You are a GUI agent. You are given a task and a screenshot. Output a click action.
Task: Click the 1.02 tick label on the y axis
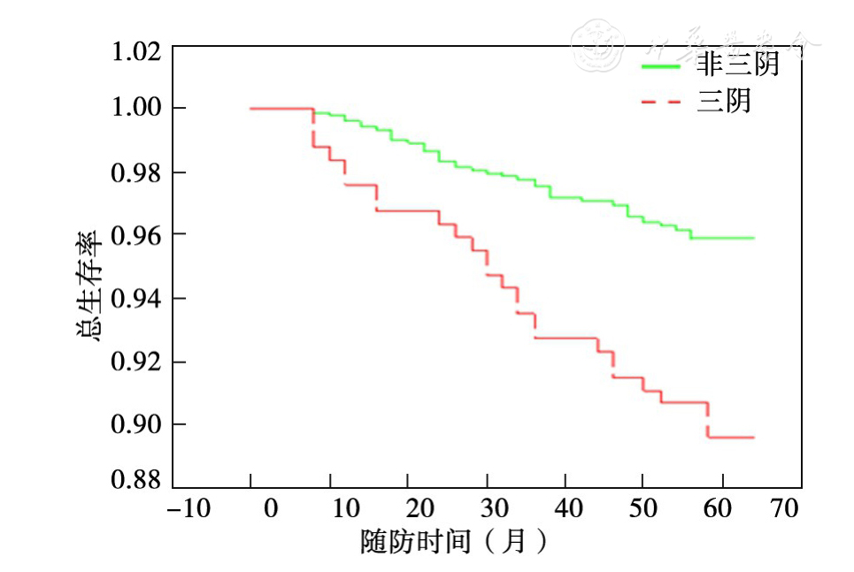pyautogui.click(x=135, y=51)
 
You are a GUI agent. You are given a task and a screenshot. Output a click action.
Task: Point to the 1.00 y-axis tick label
pyautogui.click(x=135, y=108)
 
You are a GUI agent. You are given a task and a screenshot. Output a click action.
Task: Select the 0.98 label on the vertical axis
pyautogui.click(x=135, y=172)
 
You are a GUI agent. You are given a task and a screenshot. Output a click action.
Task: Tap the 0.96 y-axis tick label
pyautogui.click(x=135, y=234)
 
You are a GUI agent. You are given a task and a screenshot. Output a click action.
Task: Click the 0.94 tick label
pyautogui.click(x=135, y=298)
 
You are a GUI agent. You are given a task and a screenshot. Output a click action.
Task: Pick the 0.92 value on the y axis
pyautogui.click(x=135, y=362)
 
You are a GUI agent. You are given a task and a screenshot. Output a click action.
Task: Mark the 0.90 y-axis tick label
pyautogui.click(x=135, y=424)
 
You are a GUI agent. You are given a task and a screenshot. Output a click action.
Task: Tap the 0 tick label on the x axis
pyautogui.click(x=270, y=509)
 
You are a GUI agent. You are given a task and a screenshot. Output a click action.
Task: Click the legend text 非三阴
pyautogui.click(x=737, y=65)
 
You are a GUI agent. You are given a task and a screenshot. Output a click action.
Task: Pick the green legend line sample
pyautogui.click(x=660, y=66)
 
